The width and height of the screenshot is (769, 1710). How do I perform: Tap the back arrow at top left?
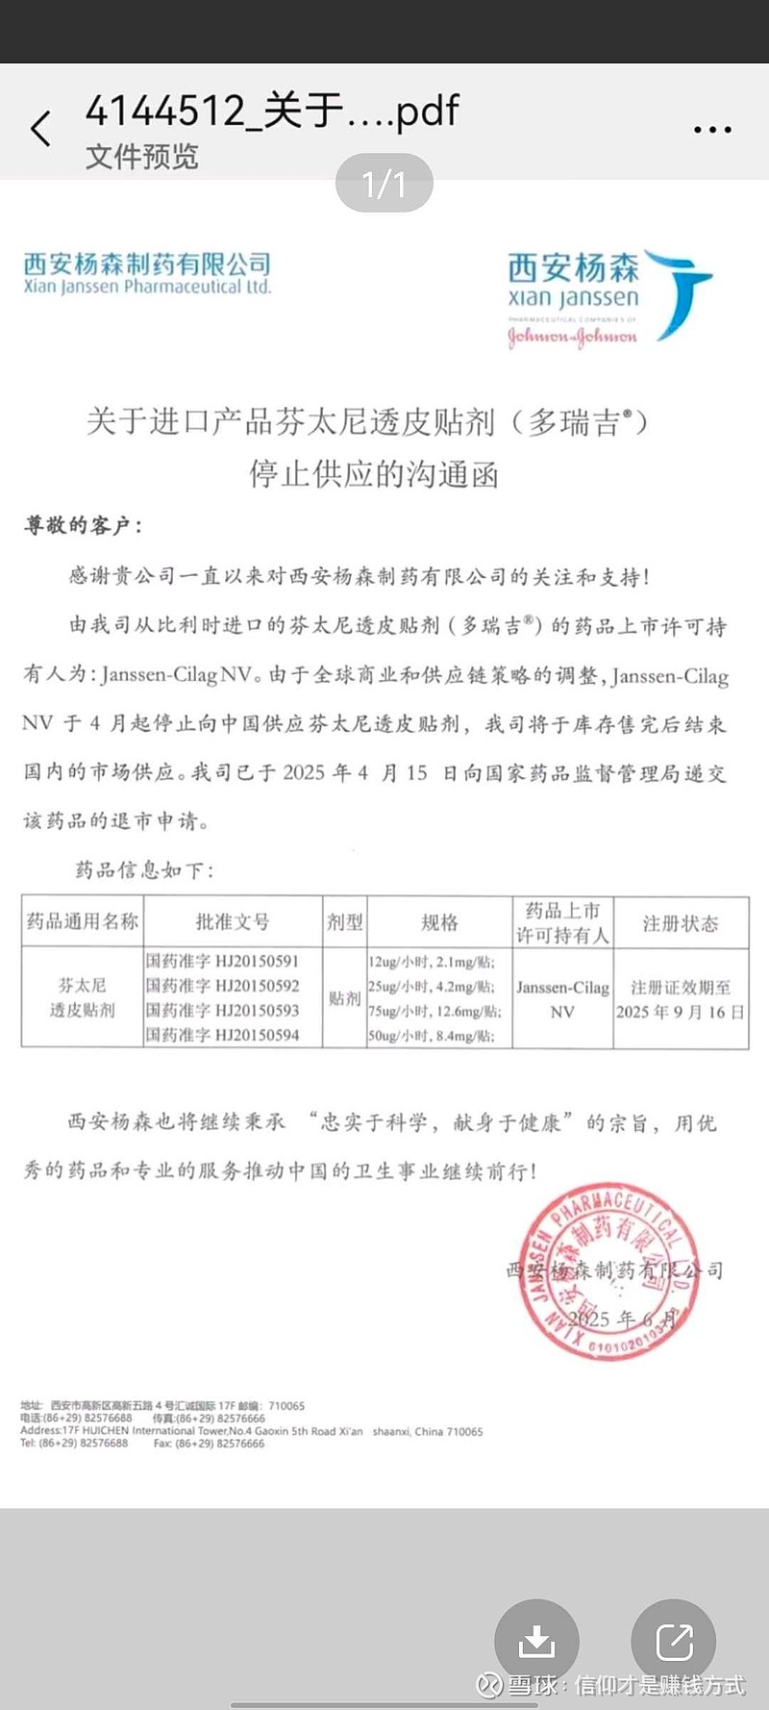40,128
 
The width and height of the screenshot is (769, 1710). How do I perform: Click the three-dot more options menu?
712,129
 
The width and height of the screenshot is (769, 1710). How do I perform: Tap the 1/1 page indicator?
384,184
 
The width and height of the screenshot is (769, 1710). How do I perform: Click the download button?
536,1641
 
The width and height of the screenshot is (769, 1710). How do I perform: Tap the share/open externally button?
674,1641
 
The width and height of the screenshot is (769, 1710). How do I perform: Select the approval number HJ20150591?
223,961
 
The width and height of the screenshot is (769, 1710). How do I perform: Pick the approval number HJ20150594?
223,1035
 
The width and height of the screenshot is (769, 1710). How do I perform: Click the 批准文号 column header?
233,922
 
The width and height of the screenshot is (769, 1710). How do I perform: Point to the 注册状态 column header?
681,923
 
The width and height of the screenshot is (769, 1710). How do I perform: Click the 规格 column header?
439,922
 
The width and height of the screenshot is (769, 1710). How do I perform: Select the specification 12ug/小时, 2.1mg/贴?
432,961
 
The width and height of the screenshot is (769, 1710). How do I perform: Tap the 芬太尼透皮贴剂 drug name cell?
83,997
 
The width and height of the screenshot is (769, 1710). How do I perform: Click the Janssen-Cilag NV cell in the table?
562,999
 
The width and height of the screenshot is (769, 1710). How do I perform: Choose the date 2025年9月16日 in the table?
681,1012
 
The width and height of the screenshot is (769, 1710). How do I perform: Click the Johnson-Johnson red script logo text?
572,337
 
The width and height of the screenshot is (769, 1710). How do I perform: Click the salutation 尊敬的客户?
83,525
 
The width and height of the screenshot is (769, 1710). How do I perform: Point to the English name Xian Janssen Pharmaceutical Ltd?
147,287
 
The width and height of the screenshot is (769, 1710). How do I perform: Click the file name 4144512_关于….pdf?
272,112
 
